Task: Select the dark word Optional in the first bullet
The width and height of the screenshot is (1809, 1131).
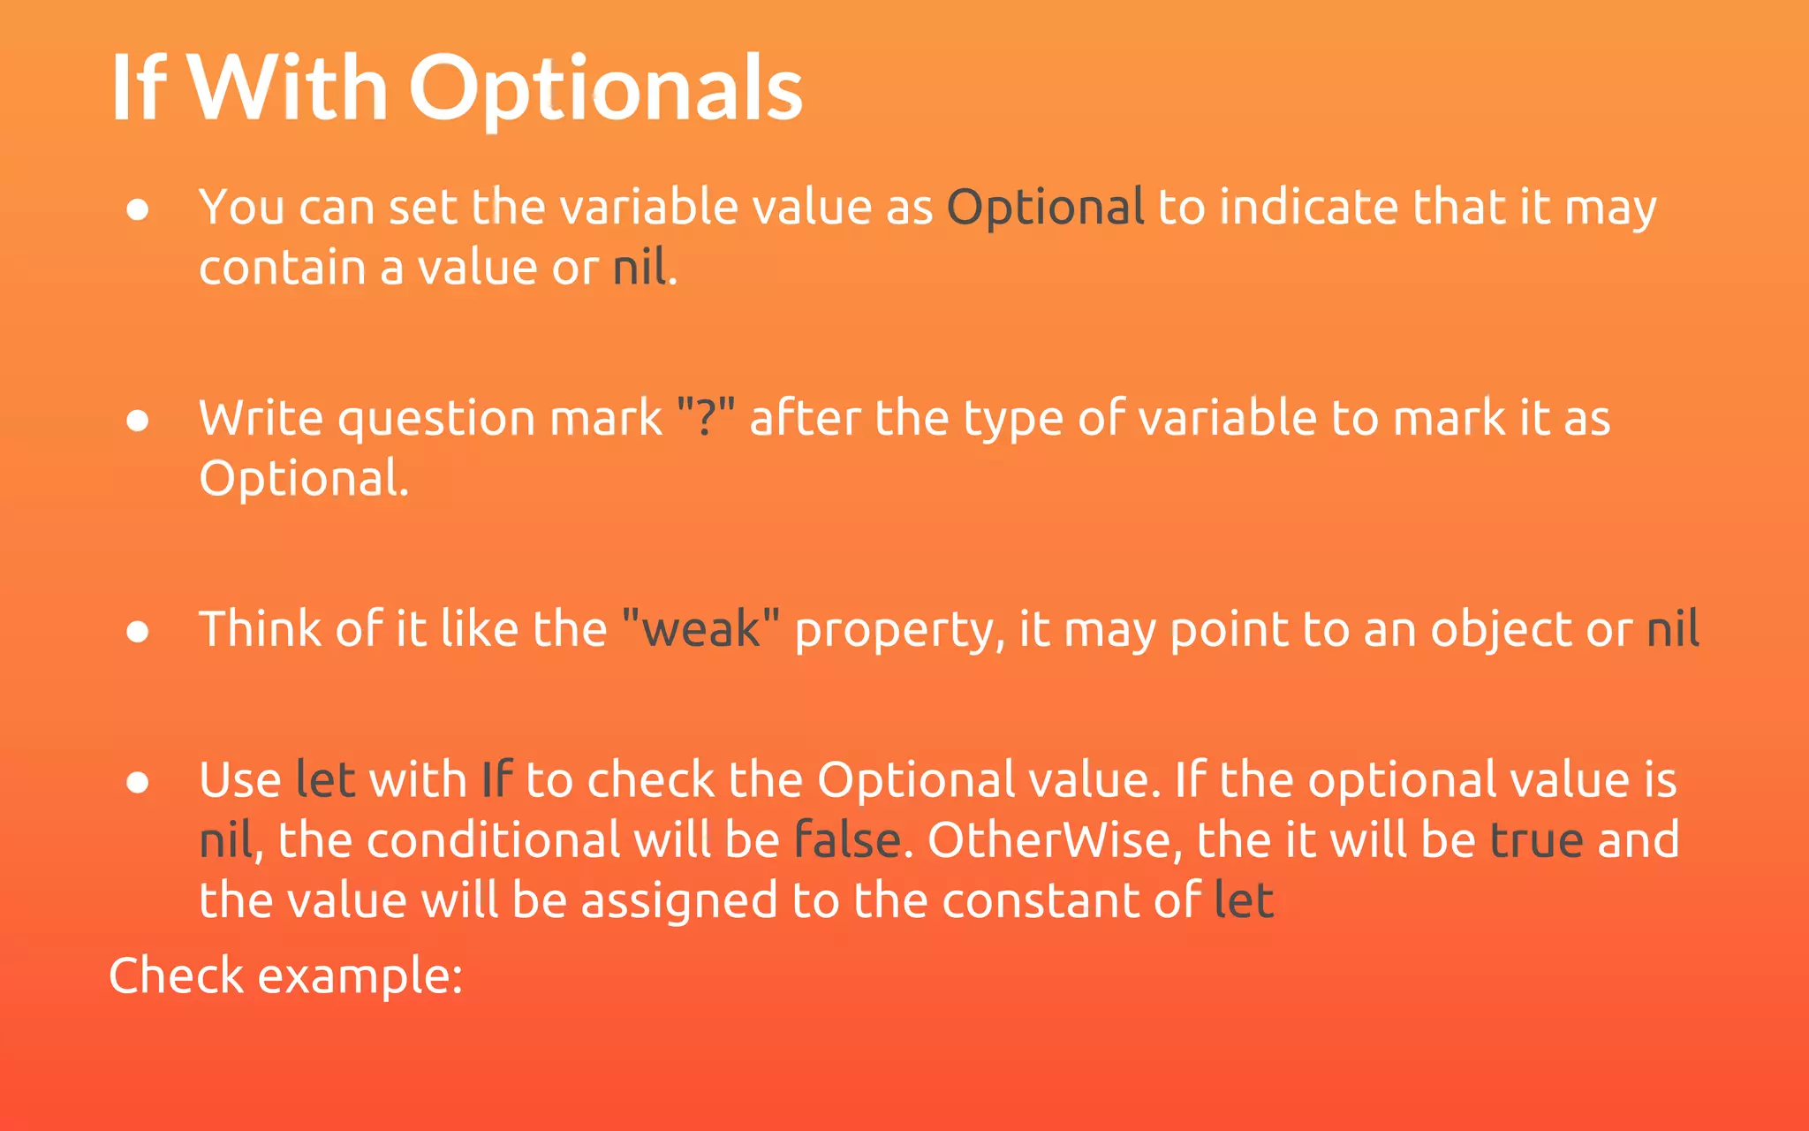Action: point(1045,208)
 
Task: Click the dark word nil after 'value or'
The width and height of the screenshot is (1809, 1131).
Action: point(640,268)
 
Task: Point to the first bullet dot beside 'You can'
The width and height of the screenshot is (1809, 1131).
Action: point(137,209)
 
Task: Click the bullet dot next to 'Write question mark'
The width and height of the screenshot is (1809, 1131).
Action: point(137,420)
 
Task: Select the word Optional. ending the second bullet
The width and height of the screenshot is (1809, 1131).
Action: point(304,479)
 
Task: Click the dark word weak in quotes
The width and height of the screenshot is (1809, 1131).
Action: point(701,629)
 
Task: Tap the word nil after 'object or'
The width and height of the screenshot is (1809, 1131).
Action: point(1673,629)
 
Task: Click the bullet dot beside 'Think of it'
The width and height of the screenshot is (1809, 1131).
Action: point(137,631)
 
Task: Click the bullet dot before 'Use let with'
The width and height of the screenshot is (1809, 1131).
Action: point(137,782)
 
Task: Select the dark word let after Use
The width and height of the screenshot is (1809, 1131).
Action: point(325,780)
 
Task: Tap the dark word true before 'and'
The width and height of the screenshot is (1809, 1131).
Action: point(1536,840)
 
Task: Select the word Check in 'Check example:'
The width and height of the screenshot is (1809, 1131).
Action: point(176,975)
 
